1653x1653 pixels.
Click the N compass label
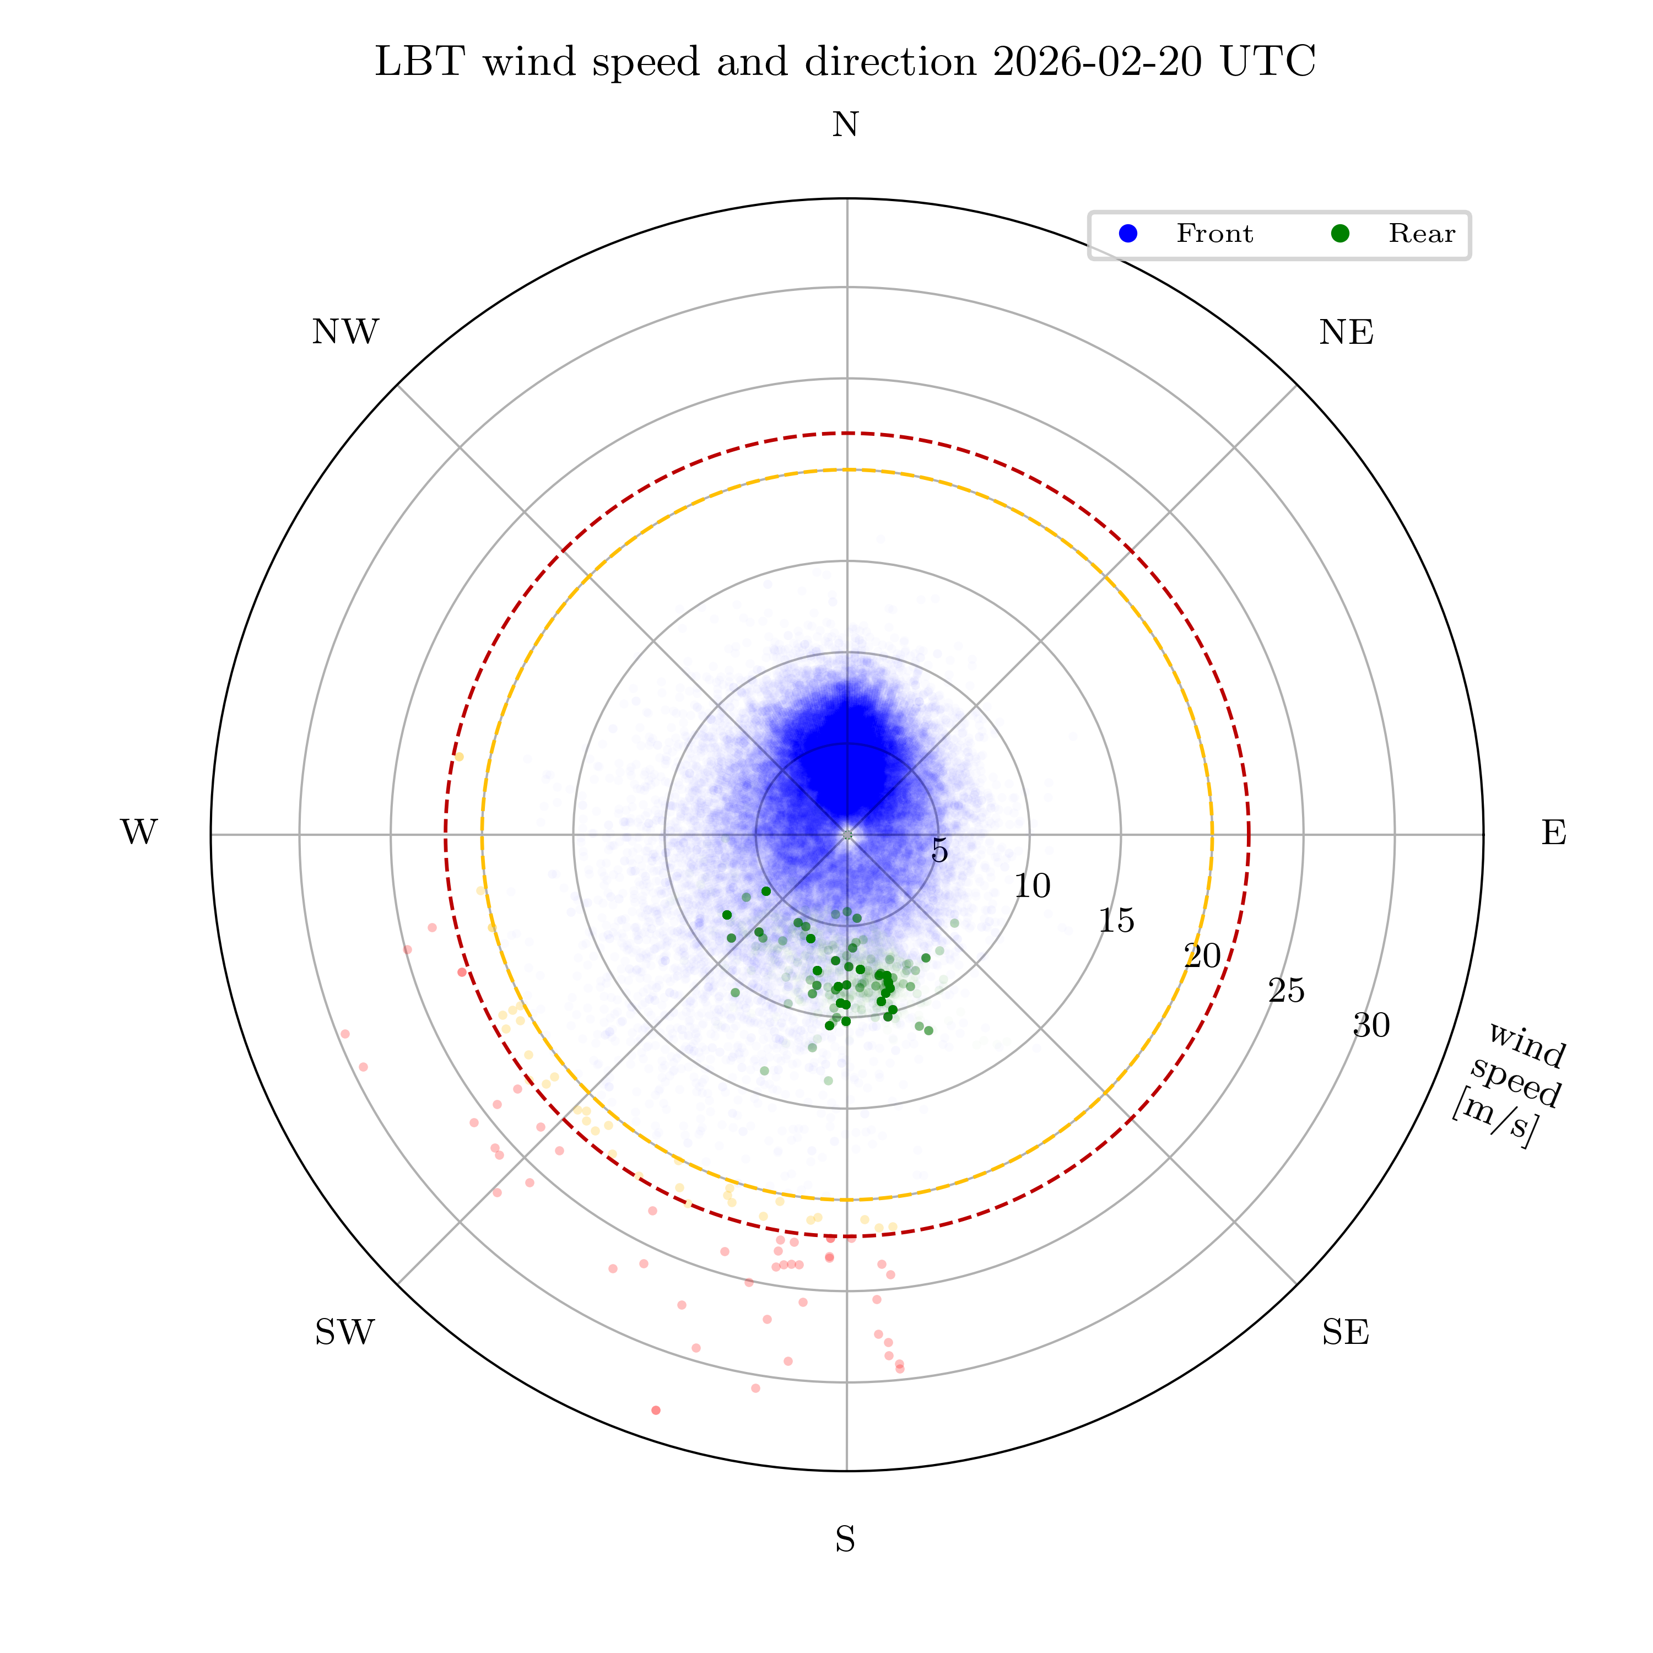click(x=845, y=125)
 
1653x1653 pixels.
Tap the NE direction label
click(x=1346, y=333)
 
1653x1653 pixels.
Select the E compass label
click(x=1554, y=833)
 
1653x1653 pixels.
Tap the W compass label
click(x=139, y=833)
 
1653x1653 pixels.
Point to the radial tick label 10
click(x=1033, y=887)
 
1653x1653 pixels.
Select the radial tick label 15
click(x=1116, y=921)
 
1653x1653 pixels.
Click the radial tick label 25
click(x=1287, y=991)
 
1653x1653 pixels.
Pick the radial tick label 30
click(x=1371, y=1025)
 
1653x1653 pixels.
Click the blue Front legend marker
click(x=1128, y=234)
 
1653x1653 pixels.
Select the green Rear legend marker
click(x=1341, y=234)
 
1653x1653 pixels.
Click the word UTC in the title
click(x=1268, y=62)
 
